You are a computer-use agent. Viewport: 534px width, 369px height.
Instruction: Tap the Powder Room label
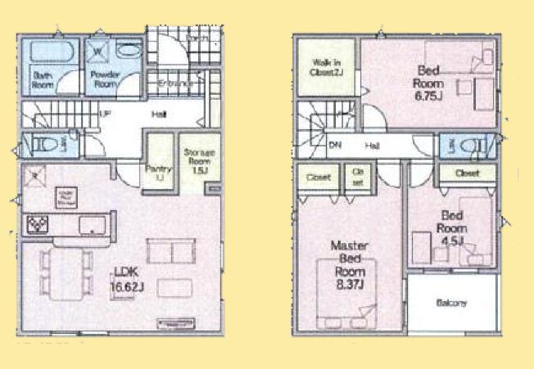pyautogui.click(x=103, y=80)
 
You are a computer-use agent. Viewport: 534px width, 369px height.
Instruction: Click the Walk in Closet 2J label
pyautogui.click(x=326, y=68)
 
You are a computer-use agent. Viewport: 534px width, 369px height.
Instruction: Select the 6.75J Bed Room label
pyautogui.click(x=428, y=83)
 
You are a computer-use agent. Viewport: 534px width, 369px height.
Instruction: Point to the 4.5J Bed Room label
pyautogui.click(x=450, y=228)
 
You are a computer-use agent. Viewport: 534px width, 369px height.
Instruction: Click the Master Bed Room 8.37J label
pyautogui.click(x=346, y=264)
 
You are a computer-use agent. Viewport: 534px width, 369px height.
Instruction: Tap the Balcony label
pyautogui.click(x=451, y=303)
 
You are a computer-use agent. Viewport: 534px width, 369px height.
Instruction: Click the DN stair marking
pyautogui.click(x=335, y=146)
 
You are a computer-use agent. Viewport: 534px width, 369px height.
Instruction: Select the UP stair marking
pyautogui.click(x=105, y=114)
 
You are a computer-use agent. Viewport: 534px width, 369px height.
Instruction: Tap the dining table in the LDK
pyautogui.click(x=65, y=271)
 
